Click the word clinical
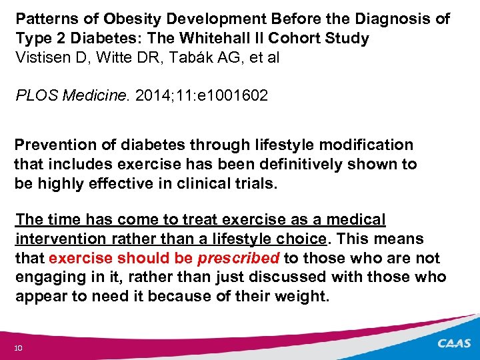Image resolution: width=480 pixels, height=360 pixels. (x=205, y=183)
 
